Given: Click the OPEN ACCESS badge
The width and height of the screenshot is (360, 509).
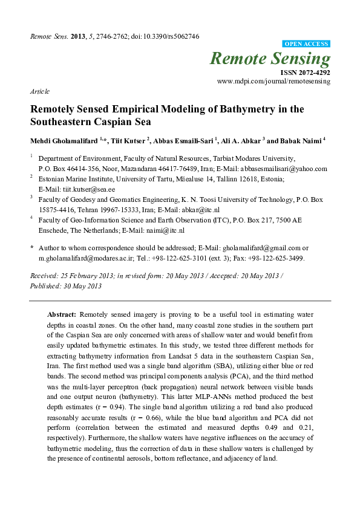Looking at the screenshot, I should [306, 44].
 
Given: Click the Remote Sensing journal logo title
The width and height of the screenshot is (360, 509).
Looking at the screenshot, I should [270, 59].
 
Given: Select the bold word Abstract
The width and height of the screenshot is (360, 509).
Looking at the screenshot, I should [61, 315].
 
